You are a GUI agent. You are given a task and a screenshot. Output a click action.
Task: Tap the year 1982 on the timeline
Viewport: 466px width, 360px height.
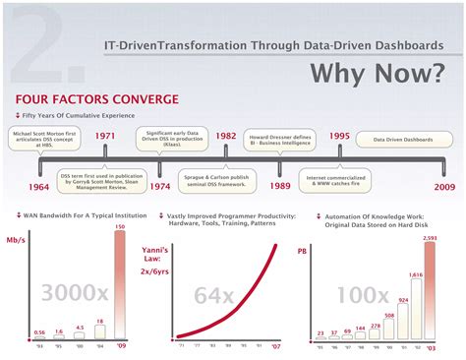(x=226, y=136)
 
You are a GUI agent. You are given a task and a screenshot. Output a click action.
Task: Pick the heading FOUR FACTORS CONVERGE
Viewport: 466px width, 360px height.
(x=96, y=99)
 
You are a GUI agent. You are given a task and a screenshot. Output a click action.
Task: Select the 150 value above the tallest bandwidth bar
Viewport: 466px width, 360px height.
(x=121, y=228)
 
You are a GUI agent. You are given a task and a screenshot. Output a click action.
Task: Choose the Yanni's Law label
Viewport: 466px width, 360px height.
(x=180, y=248)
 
